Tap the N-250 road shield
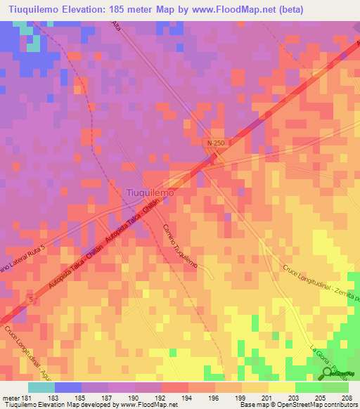point(216,143)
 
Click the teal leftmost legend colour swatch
point(41,387)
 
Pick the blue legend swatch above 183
point(68,387)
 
